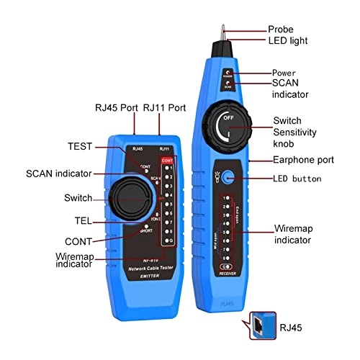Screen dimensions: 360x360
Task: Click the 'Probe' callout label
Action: click(x=282, y=29)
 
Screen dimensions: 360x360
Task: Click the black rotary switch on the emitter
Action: click(x=129, y=198)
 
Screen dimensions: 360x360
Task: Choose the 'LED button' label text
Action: click(x=297, y=178)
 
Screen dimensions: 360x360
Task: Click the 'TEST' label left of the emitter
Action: click(x=80, y=146)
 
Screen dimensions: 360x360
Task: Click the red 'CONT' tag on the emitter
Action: click(x=167, y=161)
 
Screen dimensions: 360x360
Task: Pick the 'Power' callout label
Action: click(x=284, y=73)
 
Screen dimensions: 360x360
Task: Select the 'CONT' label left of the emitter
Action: click(x=79, y=240)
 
